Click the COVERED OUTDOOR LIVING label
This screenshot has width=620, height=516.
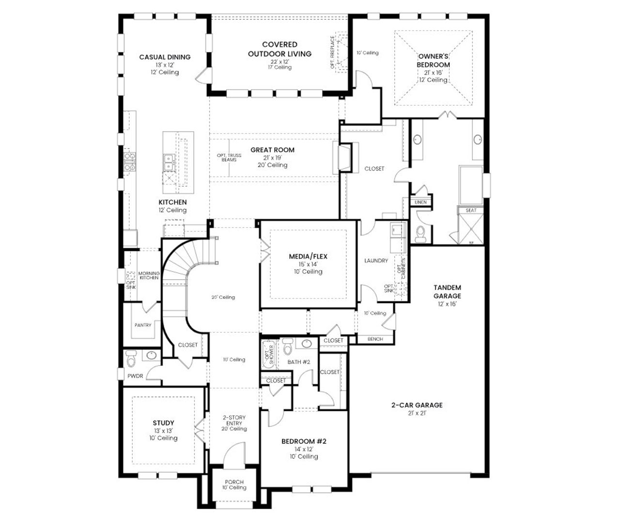pyautogui.click(x=279, y=49)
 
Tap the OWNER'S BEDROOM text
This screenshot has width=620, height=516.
pyautogui.click(x=434, y=60)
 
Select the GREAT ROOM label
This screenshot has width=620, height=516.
pyautogui.click(x=272, y=150)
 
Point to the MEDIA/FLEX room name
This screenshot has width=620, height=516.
pyautogui.click(x=308, y=256)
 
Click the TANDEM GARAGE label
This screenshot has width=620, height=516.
pyautogui.click(x=447, y=291)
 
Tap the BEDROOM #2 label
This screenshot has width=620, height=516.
pyautogui.click(x=304, y=441)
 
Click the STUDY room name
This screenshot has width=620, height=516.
pyautogui.click(x=163, y=423)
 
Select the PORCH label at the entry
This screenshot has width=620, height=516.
pyautogui.click(x=234, y=482)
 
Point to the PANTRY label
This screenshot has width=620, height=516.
pyautogui.click(x=143, y=325)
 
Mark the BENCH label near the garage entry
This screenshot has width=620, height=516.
pyautogui.click(x=375, y=339)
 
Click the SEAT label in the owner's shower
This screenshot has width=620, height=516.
pyautogui.click(x=471, y=210)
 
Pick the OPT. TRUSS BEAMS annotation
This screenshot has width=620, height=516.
pyautogui.click(x=229, y=157)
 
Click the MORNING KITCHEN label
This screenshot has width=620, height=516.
pyautogui.click(x=149, y=275)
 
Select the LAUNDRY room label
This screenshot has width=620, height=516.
pyautogui.click(x=376, y=260)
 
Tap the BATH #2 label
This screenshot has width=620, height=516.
pyautogui.click(x=298, y=362)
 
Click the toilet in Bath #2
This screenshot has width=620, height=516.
pyautogui.click(x=288, y=347)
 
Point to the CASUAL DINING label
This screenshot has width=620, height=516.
pyautogui.click(x=165, y=57)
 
